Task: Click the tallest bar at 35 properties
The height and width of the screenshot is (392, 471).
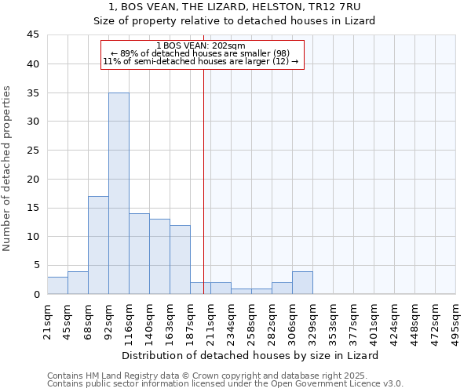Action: (119, 193)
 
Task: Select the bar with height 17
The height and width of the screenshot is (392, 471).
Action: (98, 245)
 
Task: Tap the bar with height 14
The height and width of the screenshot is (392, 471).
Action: (139, 253)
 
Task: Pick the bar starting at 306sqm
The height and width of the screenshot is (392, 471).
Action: (302, 282)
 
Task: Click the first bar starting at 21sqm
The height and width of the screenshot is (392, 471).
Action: (57, 285)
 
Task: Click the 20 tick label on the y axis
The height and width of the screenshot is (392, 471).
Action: (33, 179)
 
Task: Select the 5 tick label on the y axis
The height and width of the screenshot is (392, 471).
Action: (36, 265)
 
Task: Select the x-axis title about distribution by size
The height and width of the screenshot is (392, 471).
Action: (251, 355)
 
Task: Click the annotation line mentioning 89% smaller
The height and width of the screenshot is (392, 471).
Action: (201, 53)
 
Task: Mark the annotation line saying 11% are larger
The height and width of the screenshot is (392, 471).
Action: (201, 61)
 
